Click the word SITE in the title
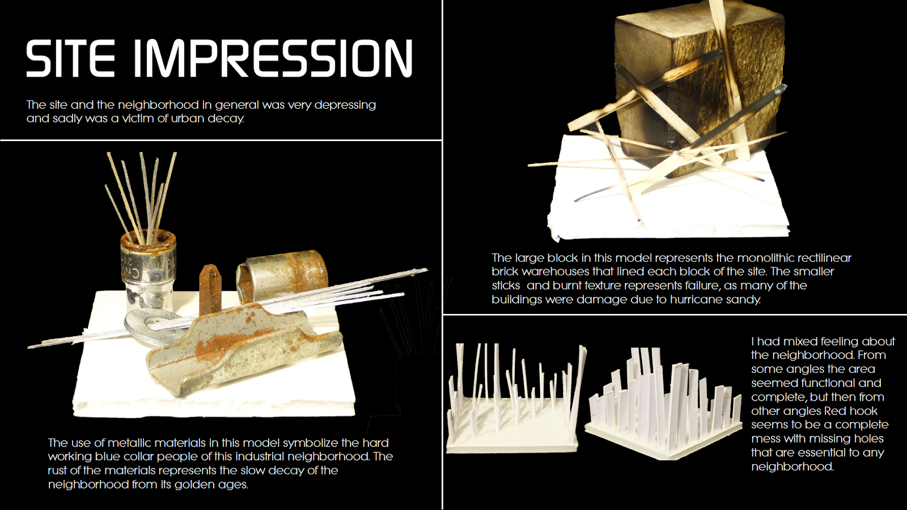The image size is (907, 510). (70, 58)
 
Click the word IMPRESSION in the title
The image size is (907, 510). (273, 58)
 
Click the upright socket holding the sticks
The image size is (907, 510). (148, 266)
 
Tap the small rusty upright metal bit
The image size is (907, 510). (209, 289)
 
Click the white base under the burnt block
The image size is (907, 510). (669, 210)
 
